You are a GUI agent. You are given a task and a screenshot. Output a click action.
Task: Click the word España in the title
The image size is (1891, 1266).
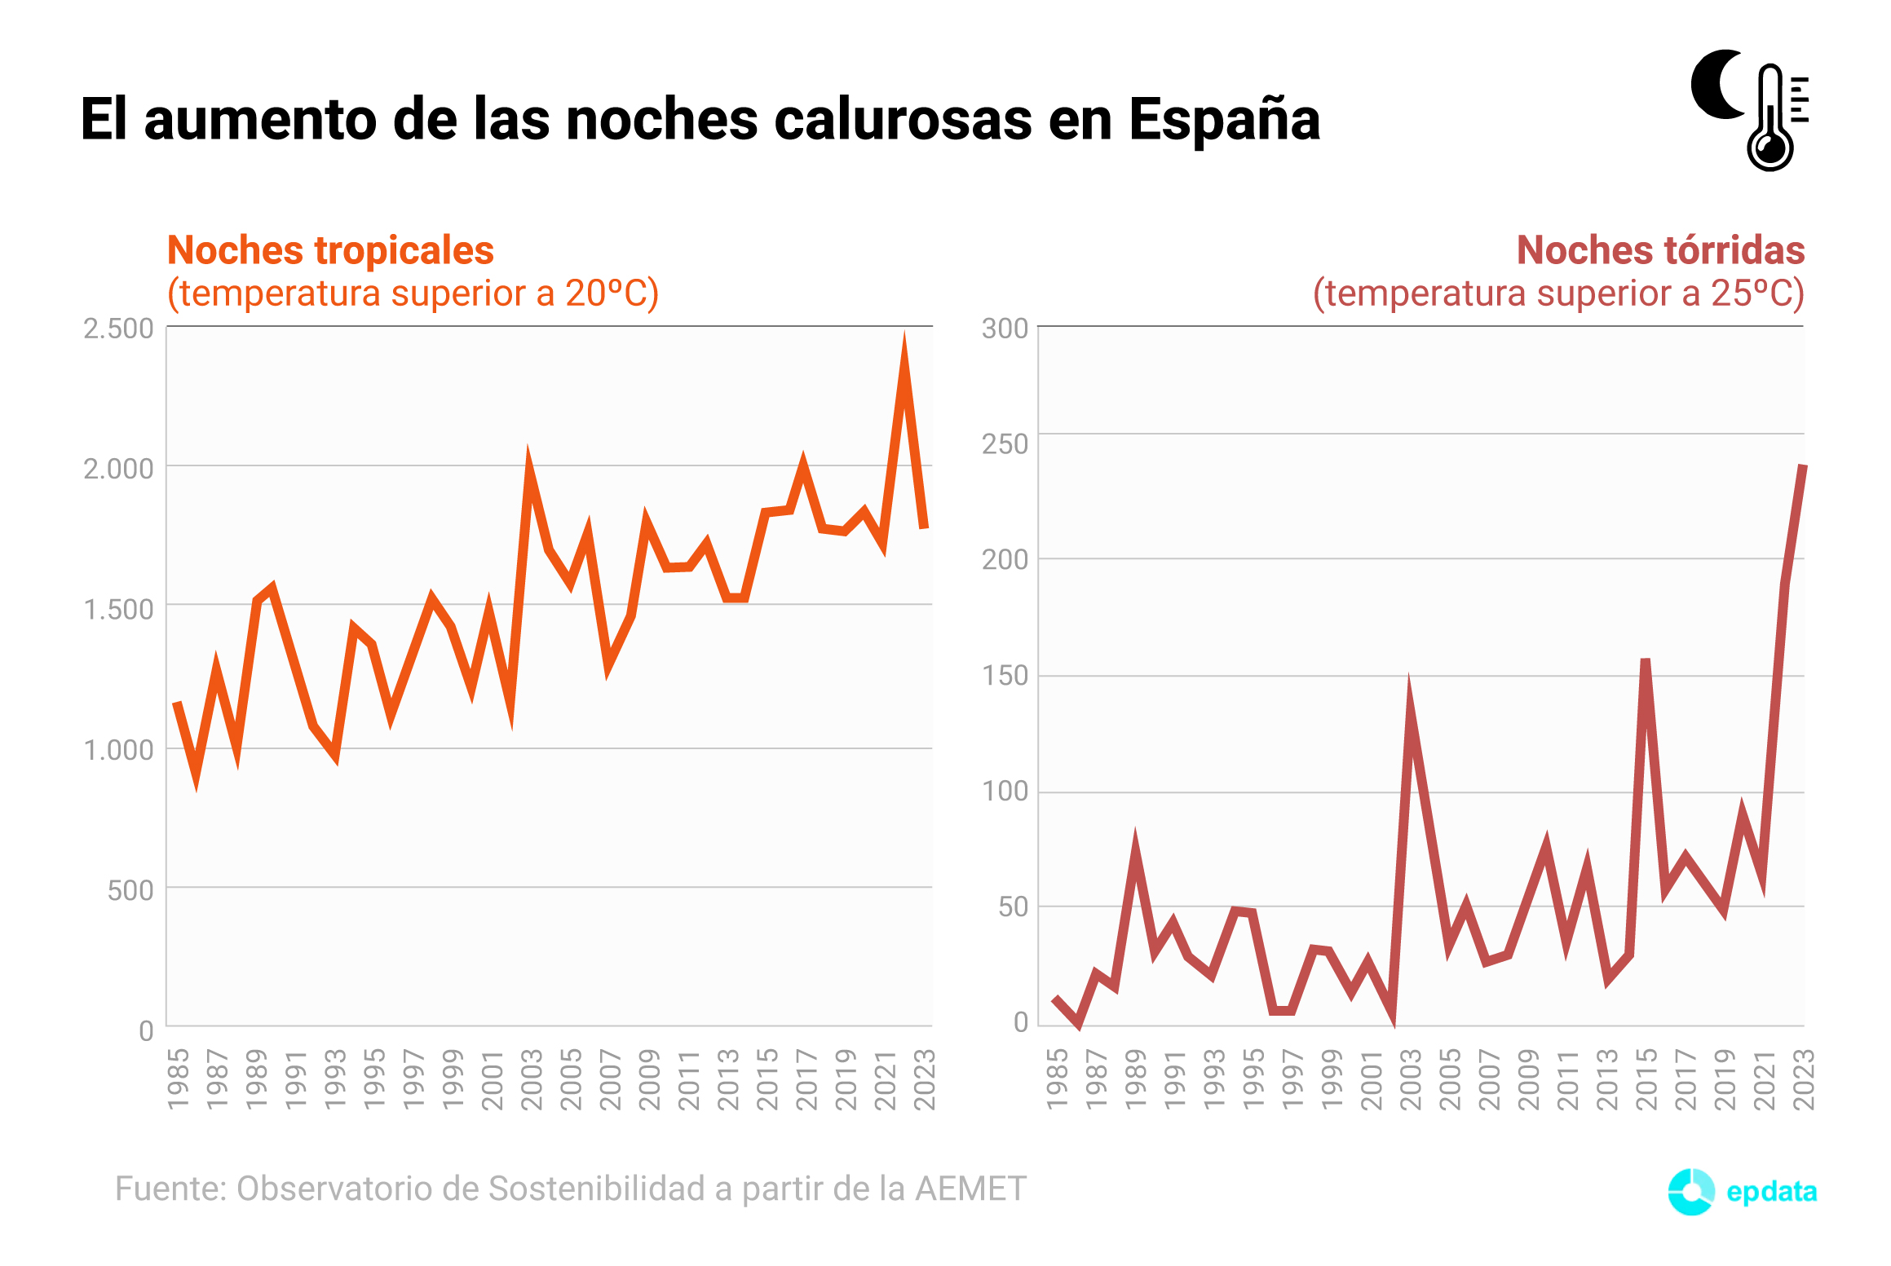pyautogui.click(x=1223, y=121)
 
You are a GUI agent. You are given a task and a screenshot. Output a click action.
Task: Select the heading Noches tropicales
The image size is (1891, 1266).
pyautogui.click(x=330, y=250)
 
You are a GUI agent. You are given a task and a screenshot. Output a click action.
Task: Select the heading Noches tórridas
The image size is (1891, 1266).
pyautogui.click(x=1660, y=250)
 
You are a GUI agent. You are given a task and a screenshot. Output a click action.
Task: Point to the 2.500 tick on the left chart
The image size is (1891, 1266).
pyautogui.click(x=118, y=329)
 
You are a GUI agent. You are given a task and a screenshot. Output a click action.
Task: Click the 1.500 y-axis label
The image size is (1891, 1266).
pyautogui.click(x=118, y=609)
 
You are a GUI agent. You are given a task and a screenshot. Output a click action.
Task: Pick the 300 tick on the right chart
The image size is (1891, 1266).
pyautogui.click(x=1005, y=329)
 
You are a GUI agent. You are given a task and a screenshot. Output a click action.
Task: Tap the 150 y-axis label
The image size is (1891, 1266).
pyautogui.click(x=1005, y=676)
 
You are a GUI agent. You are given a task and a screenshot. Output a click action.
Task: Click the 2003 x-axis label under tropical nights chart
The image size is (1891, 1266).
pyautogui.click(x=532, y=1079)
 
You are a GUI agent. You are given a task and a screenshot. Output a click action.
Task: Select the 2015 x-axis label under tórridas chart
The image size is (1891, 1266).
pyautogui.click(x=1646, y=1079)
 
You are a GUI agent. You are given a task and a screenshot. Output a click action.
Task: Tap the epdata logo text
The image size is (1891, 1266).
pyautogui.click(x=1771, y=1191)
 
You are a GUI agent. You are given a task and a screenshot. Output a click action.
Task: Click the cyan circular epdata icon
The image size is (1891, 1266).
pyautogui.click(x=1691, y=1192)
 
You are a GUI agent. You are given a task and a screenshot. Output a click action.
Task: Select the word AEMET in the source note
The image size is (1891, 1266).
pyautogui.click(x=970, y=1189)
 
